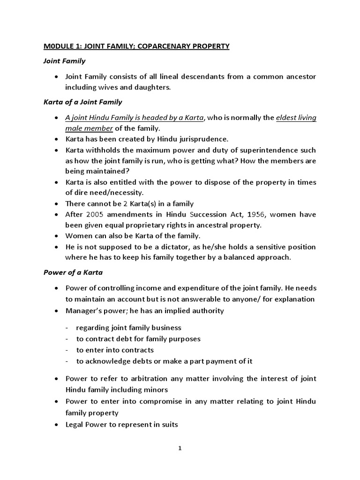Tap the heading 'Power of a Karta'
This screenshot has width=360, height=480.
[73, 272]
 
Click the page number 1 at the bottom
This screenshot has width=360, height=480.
[180, 448]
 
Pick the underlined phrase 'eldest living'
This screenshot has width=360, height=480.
[295, 118]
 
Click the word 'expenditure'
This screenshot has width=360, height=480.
[184, 288]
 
